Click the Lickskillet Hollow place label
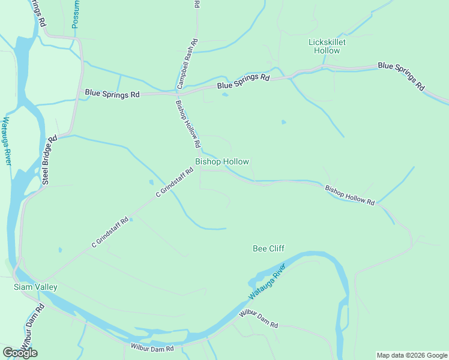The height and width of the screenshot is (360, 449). click(x=327, y=46)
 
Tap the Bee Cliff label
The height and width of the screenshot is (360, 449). click(x=268, y=248)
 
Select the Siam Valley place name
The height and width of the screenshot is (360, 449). click(x=35, y=287)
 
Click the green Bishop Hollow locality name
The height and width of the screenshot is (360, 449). click(x=222, y=162)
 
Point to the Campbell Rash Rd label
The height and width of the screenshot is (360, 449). click(x=187, y=64)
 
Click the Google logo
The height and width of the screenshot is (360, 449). click(x=20, y=353)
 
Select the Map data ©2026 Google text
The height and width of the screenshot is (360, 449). click(x=412, y=355)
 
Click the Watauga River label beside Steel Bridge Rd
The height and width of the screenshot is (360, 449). click(x=7, y=141)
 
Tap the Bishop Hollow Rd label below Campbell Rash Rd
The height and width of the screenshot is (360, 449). click(x=187, y=124)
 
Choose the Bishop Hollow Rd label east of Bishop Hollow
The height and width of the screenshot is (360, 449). click(x=350, y=196)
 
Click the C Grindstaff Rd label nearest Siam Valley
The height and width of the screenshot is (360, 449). click(x=110, y=232)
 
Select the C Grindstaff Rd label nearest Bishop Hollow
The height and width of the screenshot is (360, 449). click(x=175, y=182)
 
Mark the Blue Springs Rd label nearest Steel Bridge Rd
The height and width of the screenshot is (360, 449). click(x=112, y=94)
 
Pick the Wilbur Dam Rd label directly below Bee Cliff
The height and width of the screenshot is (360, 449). click(x=259, y=319)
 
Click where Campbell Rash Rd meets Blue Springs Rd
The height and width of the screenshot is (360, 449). click(x=179, y=94)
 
